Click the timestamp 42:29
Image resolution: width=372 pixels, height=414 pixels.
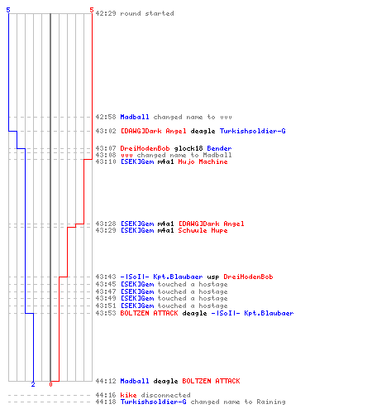tap(106, 13)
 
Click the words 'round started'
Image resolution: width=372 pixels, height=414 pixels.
tap(147, 13)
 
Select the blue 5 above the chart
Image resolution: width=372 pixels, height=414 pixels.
tap(8, 10)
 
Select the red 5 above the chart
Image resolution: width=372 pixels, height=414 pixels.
tap(92, 10)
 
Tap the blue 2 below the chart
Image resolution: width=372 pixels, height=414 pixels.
tap(33, 384)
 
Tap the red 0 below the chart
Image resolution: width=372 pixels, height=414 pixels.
tap(50, 384)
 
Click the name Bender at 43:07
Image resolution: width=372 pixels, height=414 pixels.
tap(219, 148)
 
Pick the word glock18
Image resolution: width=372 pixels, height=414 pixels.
tap(188, 148)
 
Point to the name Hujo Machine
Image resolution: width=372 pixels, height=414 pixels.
tap(203, 161)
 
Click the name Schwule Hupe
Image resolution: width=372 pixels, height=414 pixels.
tap(203, 230)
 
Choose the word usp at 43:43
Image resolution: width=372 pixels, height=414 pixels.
tap(213, 277)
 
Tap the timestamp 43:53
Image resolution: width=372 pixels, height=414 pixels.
tap(106, 313)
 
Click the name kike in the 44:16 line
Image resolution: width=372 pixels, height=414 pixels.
tap(128, 395)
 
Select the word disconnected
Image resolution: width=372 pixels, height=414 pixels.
tap(165, 395)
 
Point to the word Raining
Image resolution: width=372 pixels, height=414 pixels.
tap(271, 402)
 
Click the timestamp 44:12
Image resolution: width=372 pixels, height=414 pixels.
tap(106, 381)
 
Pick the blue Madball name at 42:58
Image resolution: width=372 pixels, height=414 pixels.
tap(135, 117)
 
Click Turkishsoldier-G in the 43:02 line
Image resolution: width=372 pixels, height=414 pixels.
tap(252, 131)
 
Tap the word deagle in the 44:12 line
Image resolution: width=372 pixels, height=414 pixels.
tap(165, 381)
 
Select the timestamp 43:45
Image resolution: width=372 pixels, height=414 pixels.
tap(106, 284)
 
